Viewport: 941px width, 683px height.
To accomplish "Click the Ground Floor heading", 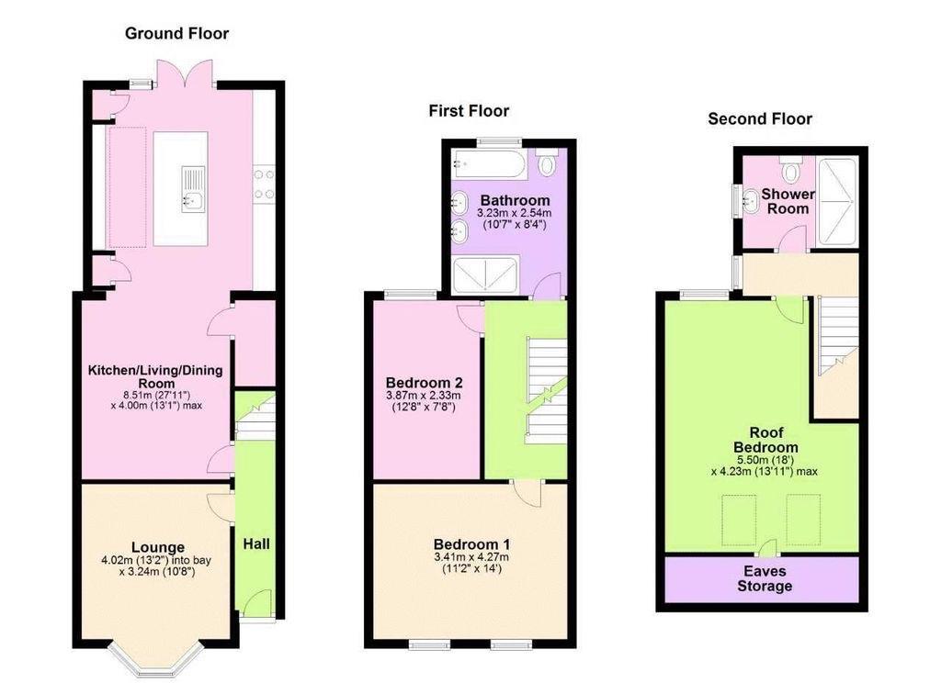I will tap(176, 34).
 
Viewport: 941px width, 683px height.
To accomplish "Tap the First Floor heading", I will tap(469, 111).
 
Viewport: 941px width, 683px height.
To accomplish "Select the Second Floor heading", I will tap(760, 118).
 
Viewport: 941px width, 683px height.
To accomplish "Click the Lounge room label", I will tap(157, 547).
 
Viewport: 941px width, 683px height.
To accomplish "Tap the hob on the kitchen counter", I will tap(264, 183).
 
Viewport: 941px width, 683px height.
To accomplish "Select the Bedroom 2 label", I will tap(424, 383).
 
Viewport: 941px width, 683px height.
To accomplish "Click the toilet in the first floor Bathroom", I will tap(547, 163).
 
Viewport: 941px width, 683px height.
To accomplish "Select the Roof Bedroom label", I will tap(764, 441).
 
